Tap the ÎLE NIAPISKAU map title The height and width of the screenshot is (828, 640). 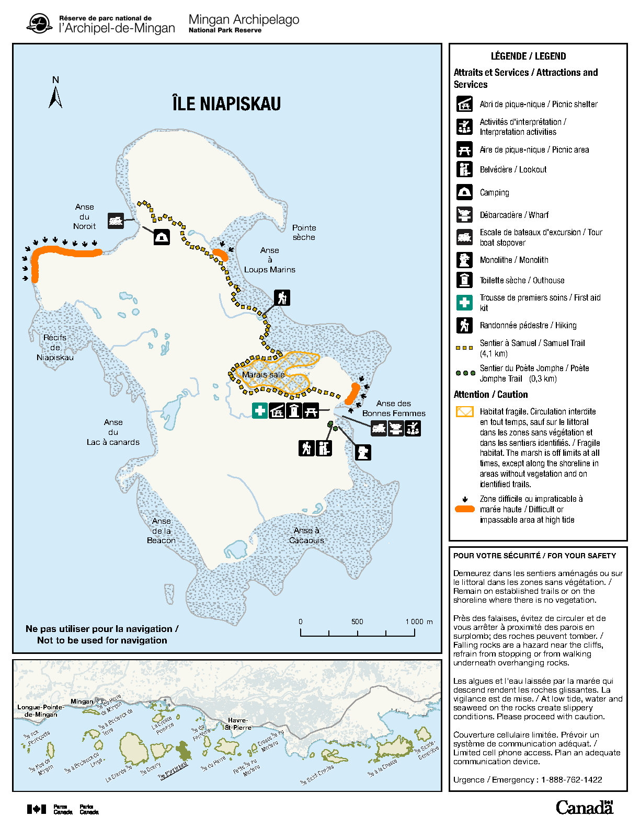[x=226, y=103]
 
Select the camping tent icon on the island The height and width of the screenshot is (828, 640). [x=162, y=237]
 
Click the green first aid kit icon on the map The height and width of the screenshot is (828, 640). [x=260, y=411]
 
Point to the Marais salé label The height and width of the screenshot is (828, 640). [x=263, y=374]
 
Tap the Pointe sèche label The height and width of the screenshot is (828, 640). [x=304, y=232]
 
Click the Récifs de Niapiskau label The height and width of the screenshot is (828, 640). [x=55, y=348]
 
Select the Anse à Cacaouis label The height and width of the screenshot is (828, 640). [x=306, y=535]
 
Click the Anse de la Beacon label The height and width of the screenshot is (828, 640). [x=161, y=531]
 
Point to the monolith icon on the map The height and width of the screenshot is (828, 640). [x=363, y=452]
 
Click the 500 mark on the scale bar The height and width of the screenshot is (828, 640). [x=357, y=622]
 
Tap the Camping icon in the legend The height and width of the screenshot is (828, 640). [x=464, y=192]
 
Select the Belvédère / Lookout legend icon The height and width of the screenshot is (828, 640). [x=464, y=169]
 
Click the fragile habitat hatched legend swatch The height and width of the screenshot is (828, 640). [x=464, y=412]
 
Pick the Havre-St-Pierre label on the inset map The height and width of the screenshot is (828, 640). [x=238, y=723]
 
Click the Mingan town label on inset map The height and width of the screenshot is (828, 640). [x=82, y=701]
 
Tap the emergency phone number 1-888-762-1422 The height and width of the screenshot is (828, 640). [x=572, y=779]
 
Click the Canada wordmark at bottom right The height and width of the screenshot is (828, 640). [x=584, y=808]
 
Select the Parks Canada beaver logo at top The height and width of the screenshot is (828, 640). [x=39, y=24]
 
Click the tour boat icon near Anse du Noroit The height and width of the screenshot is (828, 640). [x=116, y=221]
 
